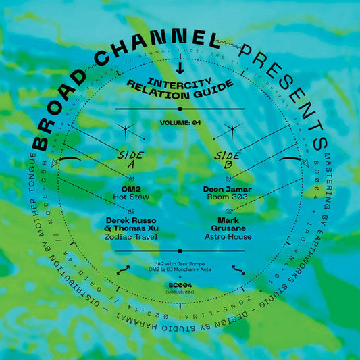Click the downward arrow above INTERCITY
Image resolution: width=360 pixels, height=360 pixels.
(179, 70)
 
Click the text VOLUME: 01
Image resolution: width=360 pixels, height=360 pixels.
(180, 124)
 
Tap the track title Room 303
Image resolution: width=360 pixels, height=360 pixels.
(228, 199)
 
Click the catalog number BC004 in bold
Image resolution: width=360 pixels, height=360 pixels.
(180, 286)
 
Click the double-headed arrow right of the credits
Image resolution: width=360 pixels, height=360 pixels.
(237, 269)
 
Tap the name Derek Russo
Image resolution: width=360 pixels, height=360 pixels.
(132, 220)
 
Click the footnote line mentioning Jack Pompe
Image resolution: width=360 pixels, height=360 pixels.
(180, 260)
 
